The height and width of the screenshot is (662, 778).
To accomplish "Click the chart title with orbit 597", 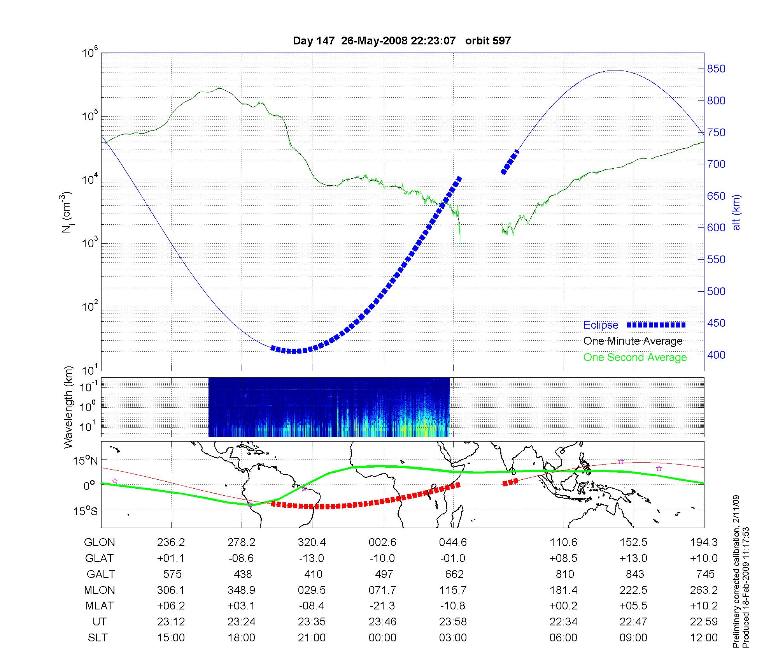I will pos(401,41).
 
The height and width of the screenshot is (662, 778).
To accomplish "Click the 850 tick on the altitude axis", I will pos(716,69).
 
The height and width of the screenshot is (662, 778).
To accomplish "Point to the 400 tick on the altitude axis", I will pos(716,355).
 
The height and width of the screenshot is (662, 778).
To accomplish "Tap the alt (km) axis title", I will pos(736,212).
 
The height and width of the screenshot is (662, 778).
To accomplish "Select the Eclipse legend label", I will pos(601,325).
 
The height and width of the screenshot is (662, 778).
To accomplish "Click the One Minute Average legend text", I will pos(633,341).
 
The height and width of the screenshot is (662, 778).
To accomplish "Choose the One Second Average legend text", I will pos(635,357).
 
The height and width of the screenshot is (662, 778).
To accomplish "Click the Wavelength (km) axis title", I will pos(68,407).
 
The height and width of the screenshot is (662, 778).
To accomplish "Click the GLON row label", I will pos(100,542).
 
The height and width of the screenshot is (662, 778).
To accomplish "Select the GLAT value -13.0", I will pos(312,558).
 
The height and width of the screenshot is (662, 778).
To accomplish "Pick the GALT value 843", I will pos(634,574).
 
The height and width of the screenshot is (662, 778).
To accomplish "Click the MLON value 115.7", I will pos(453,590).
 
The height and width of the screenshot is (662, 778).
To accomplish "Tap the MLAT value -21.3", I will pos(382,606).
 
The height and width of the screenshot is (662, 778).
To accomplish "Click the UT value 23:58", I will pos(453,622).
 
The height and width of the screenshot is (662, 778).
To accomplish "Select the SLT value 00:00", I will pos(382,638).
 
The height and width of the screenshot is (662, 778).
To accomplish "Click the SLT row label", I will pos(98,638).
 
